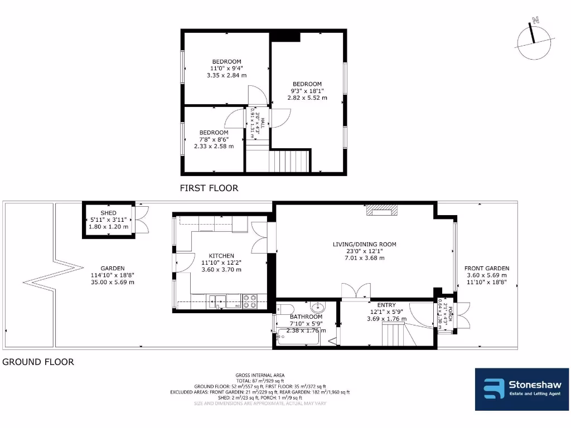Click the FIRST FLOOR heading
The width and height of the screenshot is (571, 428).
(x=209, y=188)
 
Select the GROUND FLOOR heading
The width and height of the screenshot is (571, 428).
(x=38, y=362)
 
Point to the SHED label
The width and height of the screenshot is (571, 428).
(x=108, y=213)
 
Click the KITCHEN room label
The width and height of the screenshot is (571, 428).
(x=221, y=256)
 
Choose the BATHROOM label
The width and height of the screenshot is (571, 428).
(x=306, y=317)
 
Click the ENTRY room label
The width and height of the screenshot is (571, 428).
(x=386, y=305)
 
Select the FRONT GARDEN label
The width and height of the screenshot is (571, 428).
(x=487, y=268)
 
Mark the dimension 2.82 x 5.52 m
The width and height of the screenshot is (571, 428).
(x=307, y=98)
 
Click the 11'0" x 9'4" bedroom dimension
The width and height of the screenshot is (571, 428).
(x=226, y=68)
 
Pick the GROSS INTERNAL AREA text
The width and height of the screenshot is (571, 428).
(x=260, y=375)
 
